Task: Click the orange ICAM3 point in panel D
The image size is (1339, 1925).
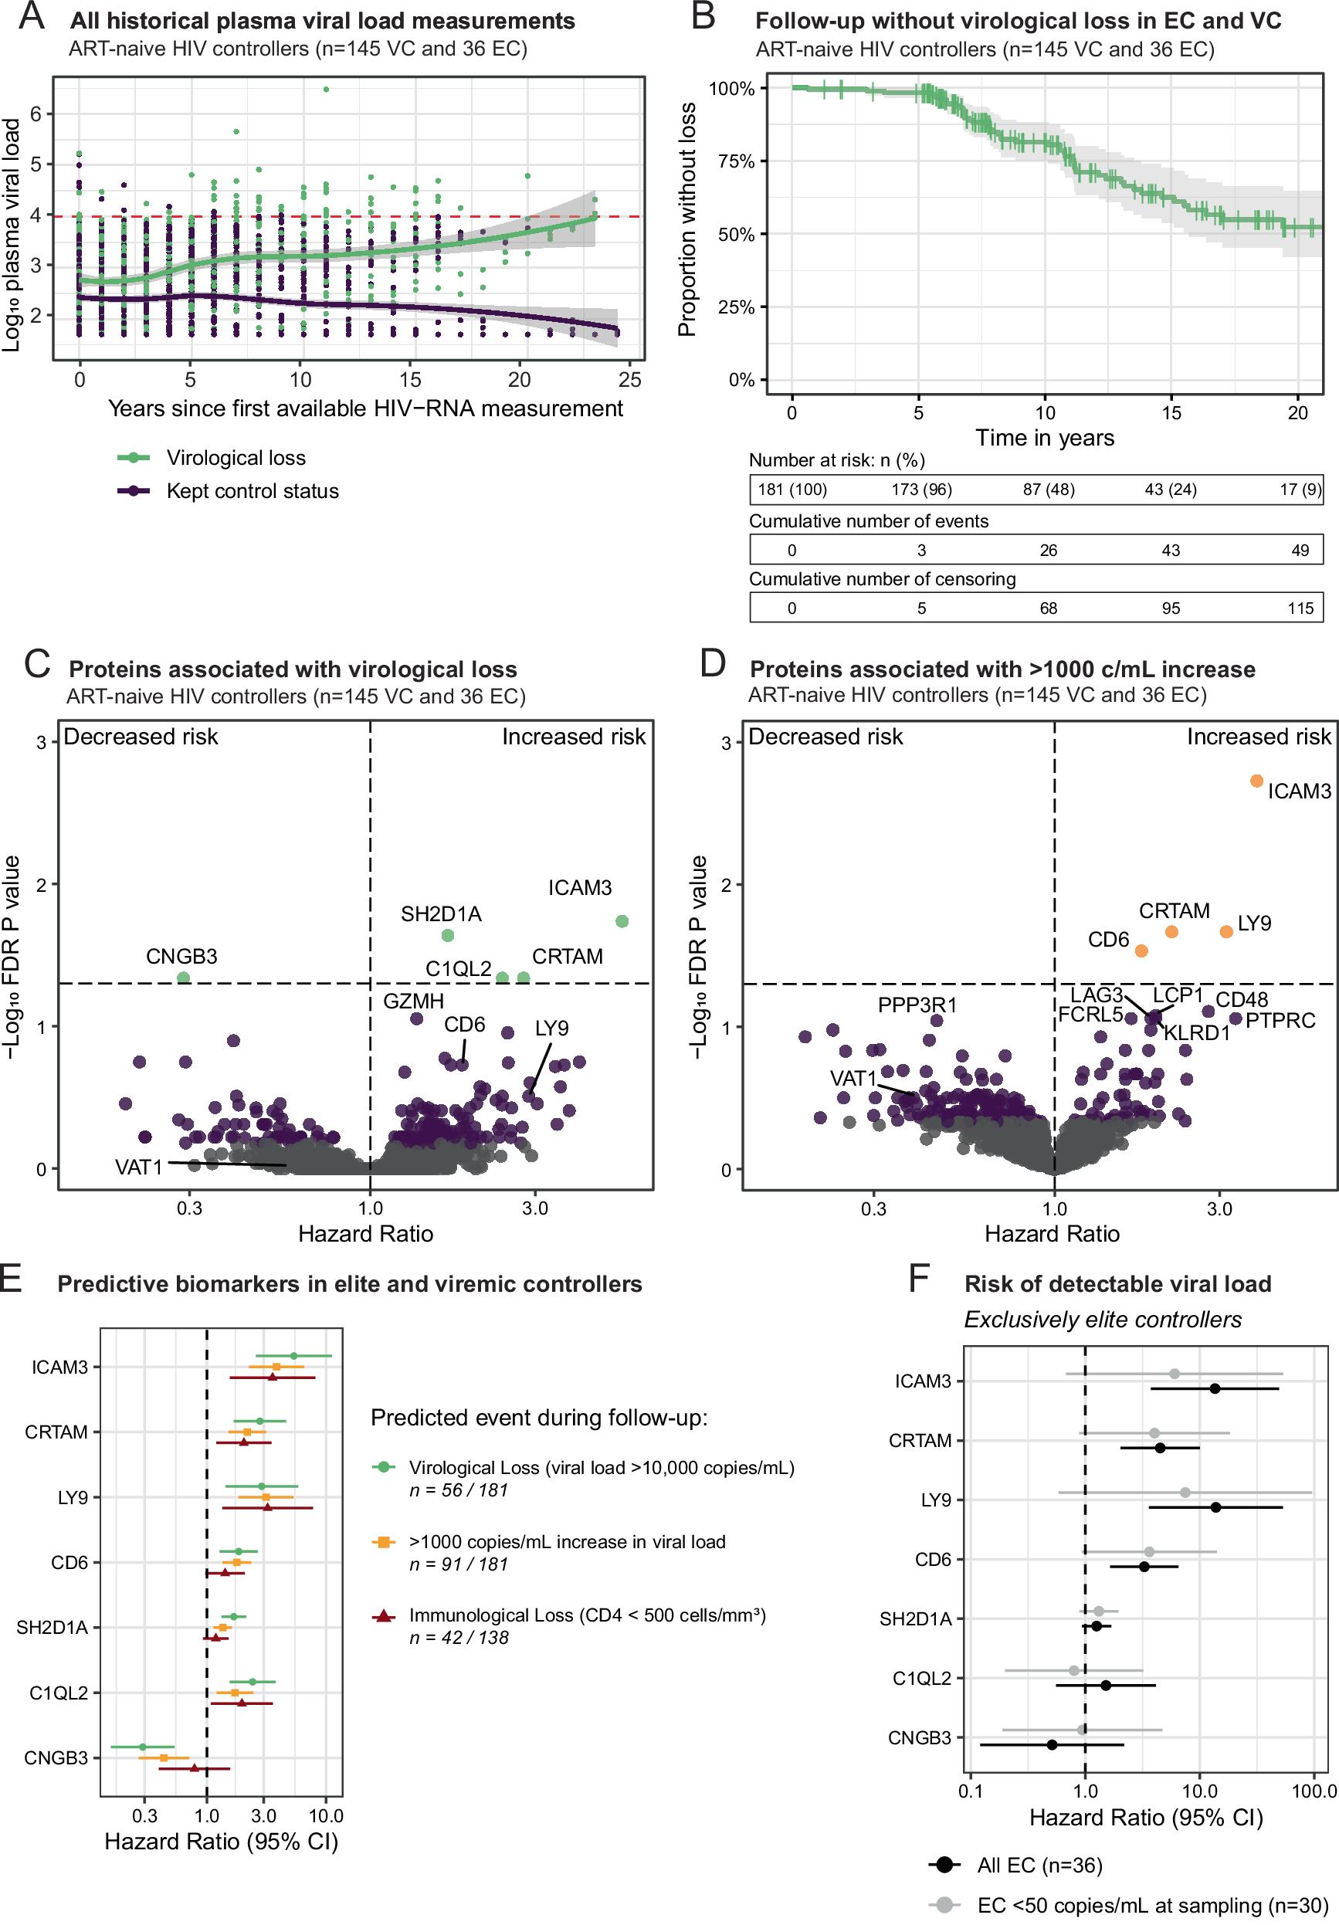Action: tap(1256, 781)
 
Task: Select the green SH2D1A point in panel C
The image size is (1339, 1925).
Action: tap(448, 935)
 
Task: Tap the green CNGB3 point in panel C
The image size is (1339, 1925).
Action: tap(184, 978)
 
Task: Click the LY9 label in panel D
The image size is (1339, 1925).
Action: tap(1254, 923)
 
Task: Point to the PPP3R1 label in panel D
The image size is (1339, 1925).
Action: tap(917, 1005)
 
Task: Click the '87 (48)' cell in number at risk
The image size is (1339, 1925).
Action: tap(1048, 490)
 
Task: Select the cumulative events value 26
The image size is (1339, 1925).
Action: tap(1048, 551)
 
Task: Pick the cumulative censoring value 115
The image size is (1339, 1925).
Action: tap(1300, 608)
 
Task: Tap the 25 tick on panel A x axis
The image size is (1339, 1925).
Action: tap(629, 380)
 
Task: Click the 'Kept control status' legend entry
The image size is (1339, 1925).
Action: tap(253, 491)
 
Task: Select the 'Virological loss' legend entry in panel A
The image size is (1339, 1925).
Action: tap(236, 458)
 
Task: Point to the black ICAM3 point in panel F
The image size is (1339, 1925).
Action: tap(1215, 1389)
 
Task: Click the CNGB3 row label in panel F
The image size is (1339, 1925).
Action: tap(920, 1738)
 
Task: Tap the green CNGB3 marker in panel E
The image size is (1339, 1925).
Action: tap(143, 1747)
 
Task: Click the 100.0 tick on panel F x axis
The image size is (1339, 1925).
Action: tap(1314, 1791)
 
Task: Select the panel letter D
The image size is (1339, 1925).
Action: tap(713, 663)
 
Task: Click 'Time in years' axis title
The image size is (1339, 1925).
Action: tap(1045, 438)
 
